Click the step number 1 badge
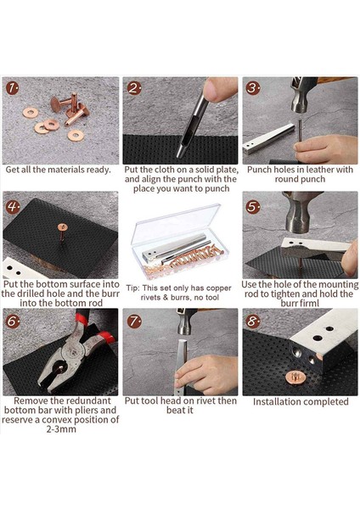13,88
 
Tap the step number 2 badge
134,88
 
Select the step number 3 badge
253,88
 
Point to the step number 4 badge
13,207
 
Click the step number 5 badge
253,207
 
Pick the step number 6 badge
13,322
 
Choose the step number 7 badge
134,322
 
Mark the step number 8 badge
253,322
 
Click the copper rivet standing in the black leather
61,232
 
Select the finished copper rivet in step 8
295,378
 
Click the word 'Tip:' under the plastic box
132,288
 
